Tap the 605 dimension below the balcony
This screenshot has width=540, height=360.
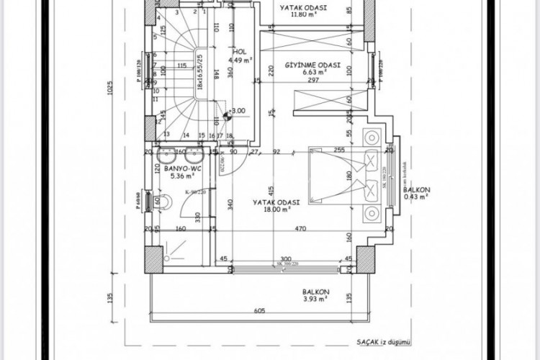[x=259, y=312]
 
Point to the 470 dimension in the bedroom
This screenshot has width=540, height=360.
[x=301, y=229]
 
